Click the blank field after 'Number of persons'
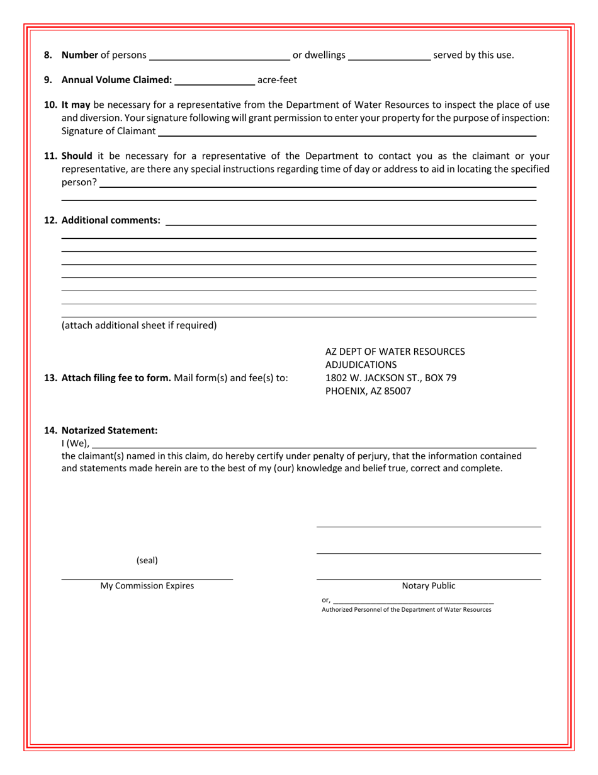pos(219,57)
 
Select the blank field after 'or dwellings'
pos(389,57)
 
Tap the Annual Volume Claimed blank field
pos(214,81)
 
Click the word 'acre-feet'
pos(277,80)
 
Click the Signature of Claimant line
pos(346,132)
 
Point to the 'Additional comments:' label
pos(111,221)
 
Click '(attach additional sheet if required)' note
pos(138,326)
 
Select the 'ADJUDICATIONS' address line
pos(361,365)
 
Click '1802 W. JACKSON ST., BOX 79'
pos(390,378)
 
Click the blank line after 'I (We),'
pos(313,444)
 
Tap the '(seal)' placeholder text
pos(147,560)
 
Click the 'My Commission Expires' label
pos(147,586)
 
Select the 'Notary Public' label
pos(429,586)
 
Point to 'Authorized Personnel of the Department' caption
pos(406,610)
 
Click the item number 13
pos(50,378)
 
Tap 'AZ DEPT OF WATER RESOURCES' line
pos(395,352)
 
